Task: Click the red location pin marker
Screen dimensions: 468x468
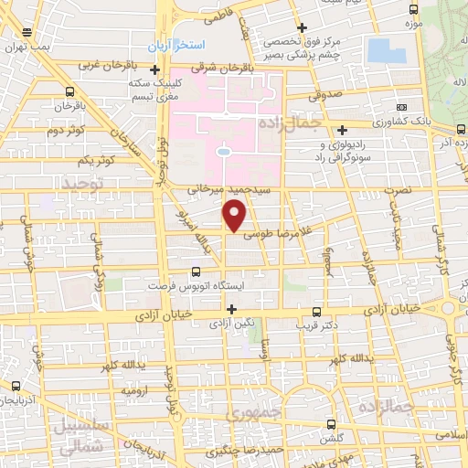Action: click(236, 216)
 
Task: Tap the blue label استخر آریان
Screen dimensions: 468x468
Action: click(182, 45)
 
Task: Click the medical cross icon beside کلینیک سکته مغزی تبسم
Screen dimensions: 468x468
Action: click(154, 70)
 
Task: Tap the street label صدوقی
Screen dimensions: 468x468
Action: click(330, 92)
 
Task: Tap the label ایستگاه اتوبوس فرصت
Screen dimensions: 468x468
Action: click(197, 286)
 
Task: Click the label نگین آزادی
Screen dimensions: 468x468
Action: click(231, 324)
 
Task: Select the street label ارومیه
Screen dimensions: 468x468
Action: click(136, 390)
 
